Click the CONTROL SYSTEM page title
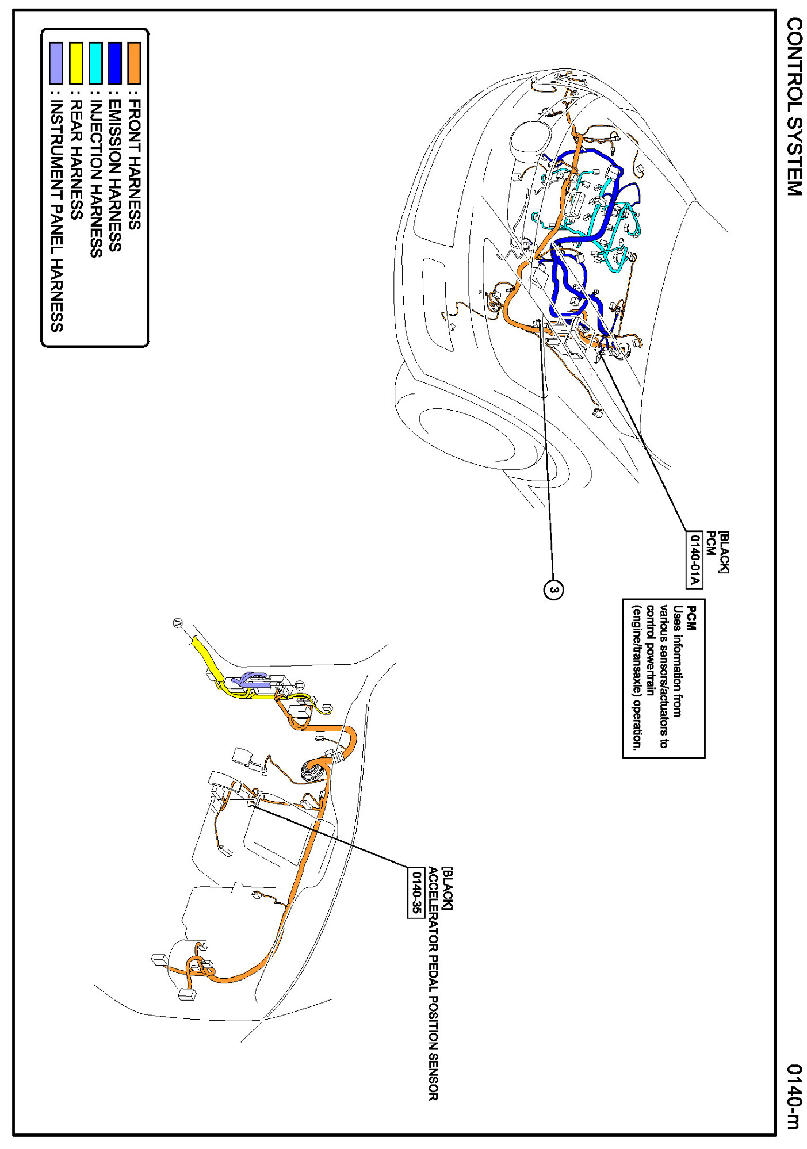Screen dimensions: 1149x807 [x=794, y=106]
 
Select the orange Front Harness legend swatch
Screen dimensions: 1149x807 [x=134, y=63]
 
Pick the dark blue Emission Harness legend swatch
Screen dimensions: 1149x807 [x=115, y=63]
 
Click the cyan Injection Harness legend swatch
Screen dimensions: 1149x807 [x=95, y=63]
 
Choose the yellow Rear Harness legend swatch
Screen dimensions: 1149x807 [x=76, y=63]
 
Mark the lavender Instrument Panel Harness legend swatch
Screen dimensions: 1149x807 [x=56, y=63]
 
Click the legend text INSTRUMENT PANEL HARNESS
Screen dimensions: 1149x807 [x=56, y=216]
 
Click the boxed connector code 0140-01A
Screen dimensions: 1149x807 [x=695, y=560]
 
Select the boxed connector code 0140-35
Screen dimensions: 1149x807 [x=416, y=893]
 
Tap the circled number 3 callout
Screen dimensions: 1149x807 [x=553, y=589]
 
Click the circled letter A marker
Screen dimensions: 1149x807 [x=177, y=623]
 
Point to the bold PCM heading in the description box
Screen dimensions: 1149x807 [x=692, y=618]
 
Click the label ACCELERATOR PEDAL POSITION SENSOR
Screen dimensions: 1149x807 [x=433, y=983]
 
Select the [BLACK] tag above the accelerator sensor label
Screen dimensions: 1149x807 [x=448, y=888]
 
